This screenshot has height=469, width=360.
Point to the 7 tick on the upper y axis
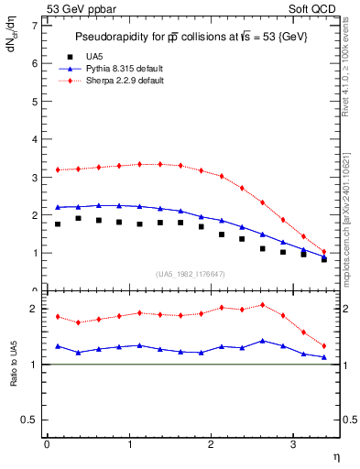(36, 26)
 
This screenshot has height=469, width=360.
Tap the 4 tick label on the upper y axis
(36, 139)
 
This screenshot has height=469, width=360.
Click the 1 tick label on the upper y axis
(36, 253)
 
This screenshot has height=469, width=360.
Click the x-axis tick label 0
(47, 444)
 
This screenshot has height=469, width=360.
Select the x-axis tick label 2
(211, 444)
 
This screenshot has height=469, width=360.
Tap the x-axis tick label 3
(292, 444)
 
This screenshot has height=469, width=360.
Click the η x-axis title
(334, 455)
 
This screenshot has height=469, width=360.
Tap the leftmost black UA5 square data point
(58, 224)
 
